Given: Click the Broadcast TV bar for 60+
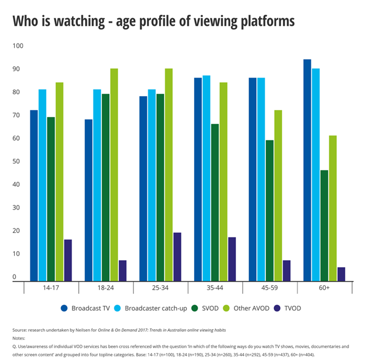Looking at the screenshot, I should tap(307, 170).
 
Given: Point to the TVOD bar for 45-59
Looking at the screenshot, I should tap(286, 270).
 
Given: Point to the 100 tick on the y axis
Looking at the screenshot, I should tap(19, 46).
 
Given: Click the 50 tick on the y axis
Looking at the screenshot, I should tap(19, 161).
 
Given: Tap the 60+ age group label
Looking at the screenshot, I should tap(324, 287).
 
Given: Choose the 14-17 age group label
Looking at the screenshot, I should tap(51, 287).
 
